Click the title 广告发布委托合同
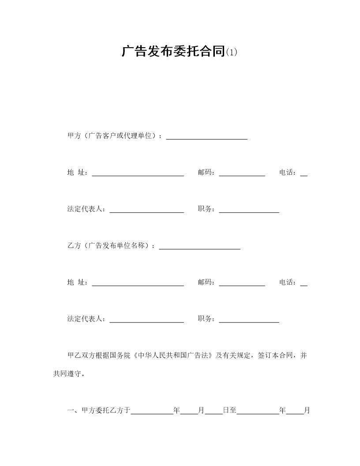pos(173,52)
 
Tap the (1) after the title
pos(232,53)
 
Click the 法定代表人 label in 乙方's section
pos(86,319)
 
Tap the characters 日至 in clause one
pos(229,410)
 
